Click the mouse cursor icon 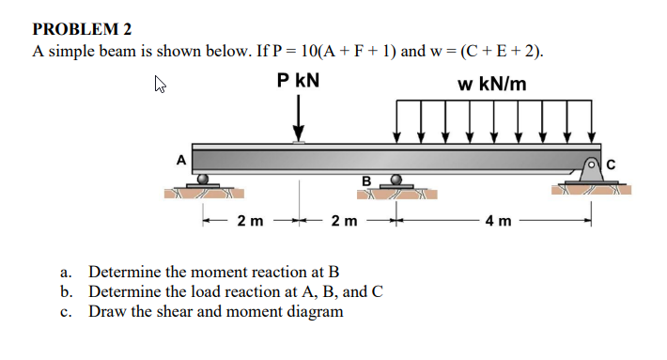161,89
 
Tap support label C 611,165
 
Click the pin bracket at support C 592,168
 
